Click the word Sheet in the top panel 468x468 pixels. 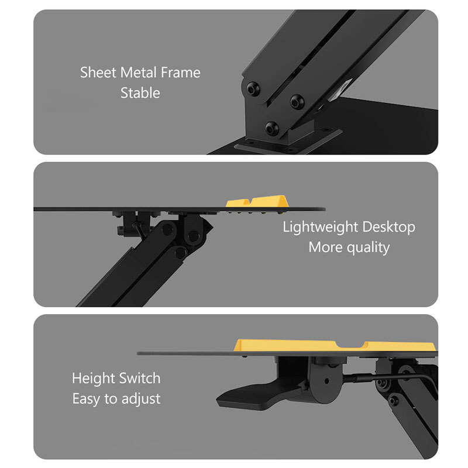98,73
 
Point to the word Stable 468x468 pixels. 140,93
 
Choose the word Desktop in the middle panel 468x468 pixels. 388,227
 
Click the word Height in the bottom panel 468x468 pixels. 92,378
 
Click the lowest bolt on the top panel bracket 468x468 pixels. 271,128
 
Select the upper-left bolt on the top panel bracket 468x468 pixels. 253,88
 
